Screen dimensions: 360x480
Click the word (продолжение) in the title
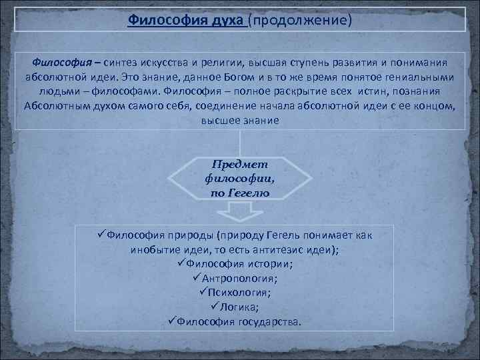(299, 20)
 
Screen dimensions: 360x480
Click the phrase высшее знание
(240, 120)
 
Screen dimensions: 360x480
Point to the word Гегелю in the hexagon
(248, 193)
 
